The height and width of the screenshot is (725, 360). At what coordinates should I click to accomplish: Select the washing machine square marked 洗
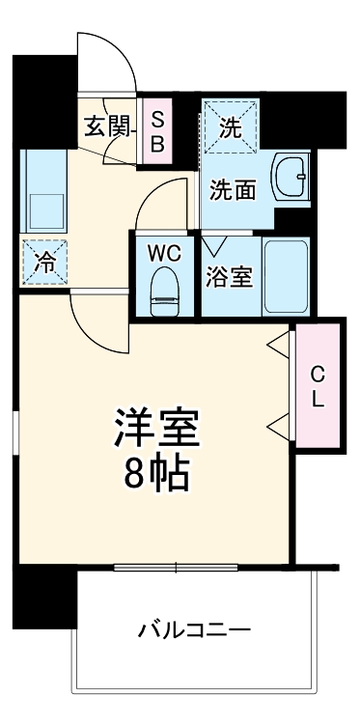coord(231,125)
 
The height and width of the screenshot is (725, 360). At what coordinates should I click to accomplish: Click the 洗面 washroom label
coord(235,190)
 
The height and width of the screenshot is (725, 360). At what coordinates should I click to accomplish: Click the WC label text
coord(165,253)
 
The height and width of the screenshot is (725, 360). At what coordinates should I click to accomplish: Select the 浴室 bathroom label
coord(229,277)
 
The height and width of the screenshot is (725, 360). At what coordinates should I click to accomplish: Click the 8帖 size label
coord(156,473)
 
